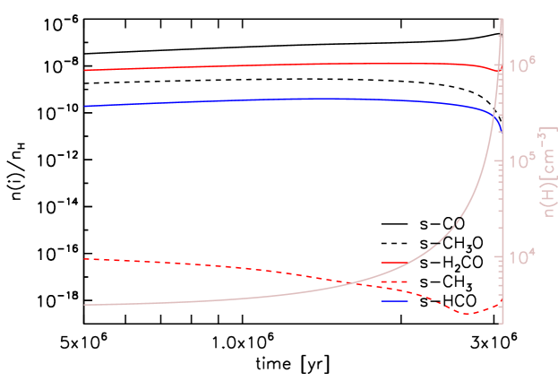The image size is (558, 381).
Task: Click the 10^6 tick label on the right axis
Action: [522, 65]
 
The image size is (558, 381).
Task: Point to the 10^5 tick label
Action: [522, 160]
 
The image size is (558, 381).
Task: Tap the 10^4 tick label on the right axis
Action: [522, 256]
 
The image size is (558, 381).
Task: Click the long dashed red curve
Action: [224, 266]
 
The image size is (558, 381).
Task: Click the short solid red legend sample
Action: [394, 263]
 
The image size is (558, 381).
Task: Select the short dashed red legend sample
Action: [394, 281]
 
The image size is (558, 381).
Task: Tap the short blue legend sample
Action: [394, 301]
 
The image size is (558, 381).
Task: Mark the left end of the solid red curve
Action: [84, 70]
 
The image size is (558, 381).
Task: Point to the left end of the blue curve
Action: [84, 106]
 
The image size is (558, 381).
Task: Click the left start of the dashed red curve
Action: [84, 259]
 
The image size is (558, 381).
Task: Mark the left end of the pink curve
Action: [84, 305]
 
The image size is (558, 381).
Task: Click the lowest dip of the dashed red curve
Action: [466, 314]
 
